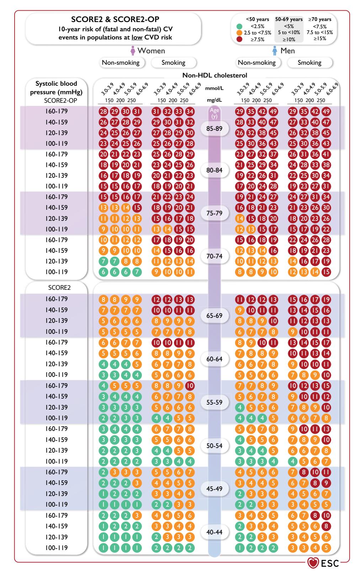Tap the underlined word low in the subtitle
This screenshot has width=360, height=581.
[x=137, y=37]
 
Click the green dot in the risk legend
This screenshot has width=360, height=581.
[x=239, y=26]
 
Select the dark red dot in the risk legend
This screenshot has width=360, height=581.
[x=239, y=39]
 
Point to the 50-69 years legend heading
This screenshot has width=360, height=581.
[x=289, y=19]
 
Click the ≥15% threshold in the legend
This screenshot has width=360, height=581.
[x=320, y=38]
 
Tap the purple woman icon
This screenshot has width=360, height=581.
[x=133, y=50]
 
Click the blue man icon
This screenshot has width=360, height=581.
[x=275, y=50]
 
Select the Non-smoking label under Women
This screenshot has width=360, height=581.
[x=121, y=63]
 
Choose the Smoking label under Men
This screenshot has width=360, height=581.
[x=309, y=63]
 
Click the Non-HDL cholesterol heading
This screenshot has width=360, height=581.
[x=215, y=75]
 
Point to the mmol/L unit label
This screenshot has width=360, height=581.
[x=214, y=88]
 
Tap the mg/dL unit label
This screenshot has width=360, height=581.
[x=214, y=100]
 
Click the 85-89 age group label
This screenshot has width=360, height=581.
[x=215, y=128]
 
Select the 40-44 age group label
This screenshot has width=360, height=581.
[x=215, y=532]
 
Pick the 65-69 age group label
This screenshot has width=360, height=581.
[x=215, y=316]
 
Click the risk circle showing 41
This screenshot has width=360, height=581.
[x=326, y=154]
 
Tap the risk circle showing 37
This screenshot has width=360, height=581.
[x=273, y=154]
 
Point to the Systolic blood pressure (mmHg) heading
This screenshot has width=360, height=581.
[x=56, y=88]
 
